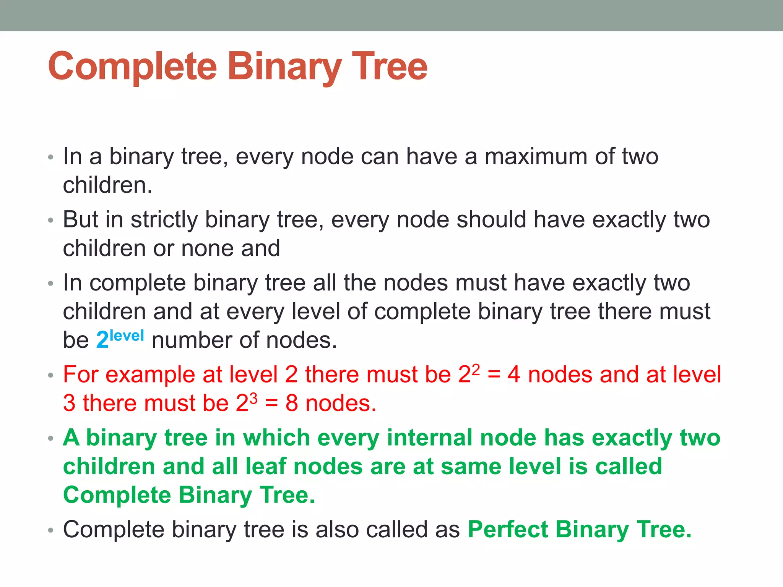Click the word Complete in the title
pos(132,67)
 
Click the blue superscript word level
pos(127,336)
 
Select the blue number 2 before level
pos(102,340)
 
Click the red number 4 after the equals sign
pos(513,375)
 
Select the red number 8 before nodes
pos(291,403)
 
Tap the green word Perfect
pos(508,530)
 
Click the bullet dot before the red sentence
pos(50,376)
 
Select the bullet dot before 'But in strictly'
pos(50,221)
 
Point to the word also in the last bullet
pos(337,530)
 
